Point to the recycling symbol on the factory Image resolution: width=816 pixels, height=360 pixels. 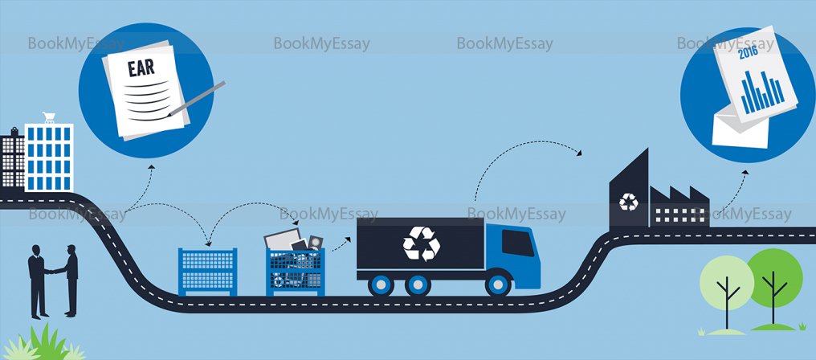(x=629, y=203)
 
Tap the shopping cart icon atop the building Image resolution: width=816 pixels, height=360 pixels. (x=49, y=119)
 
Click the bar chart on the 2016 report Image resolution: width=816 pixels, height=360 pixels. (x=758, y=92)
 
